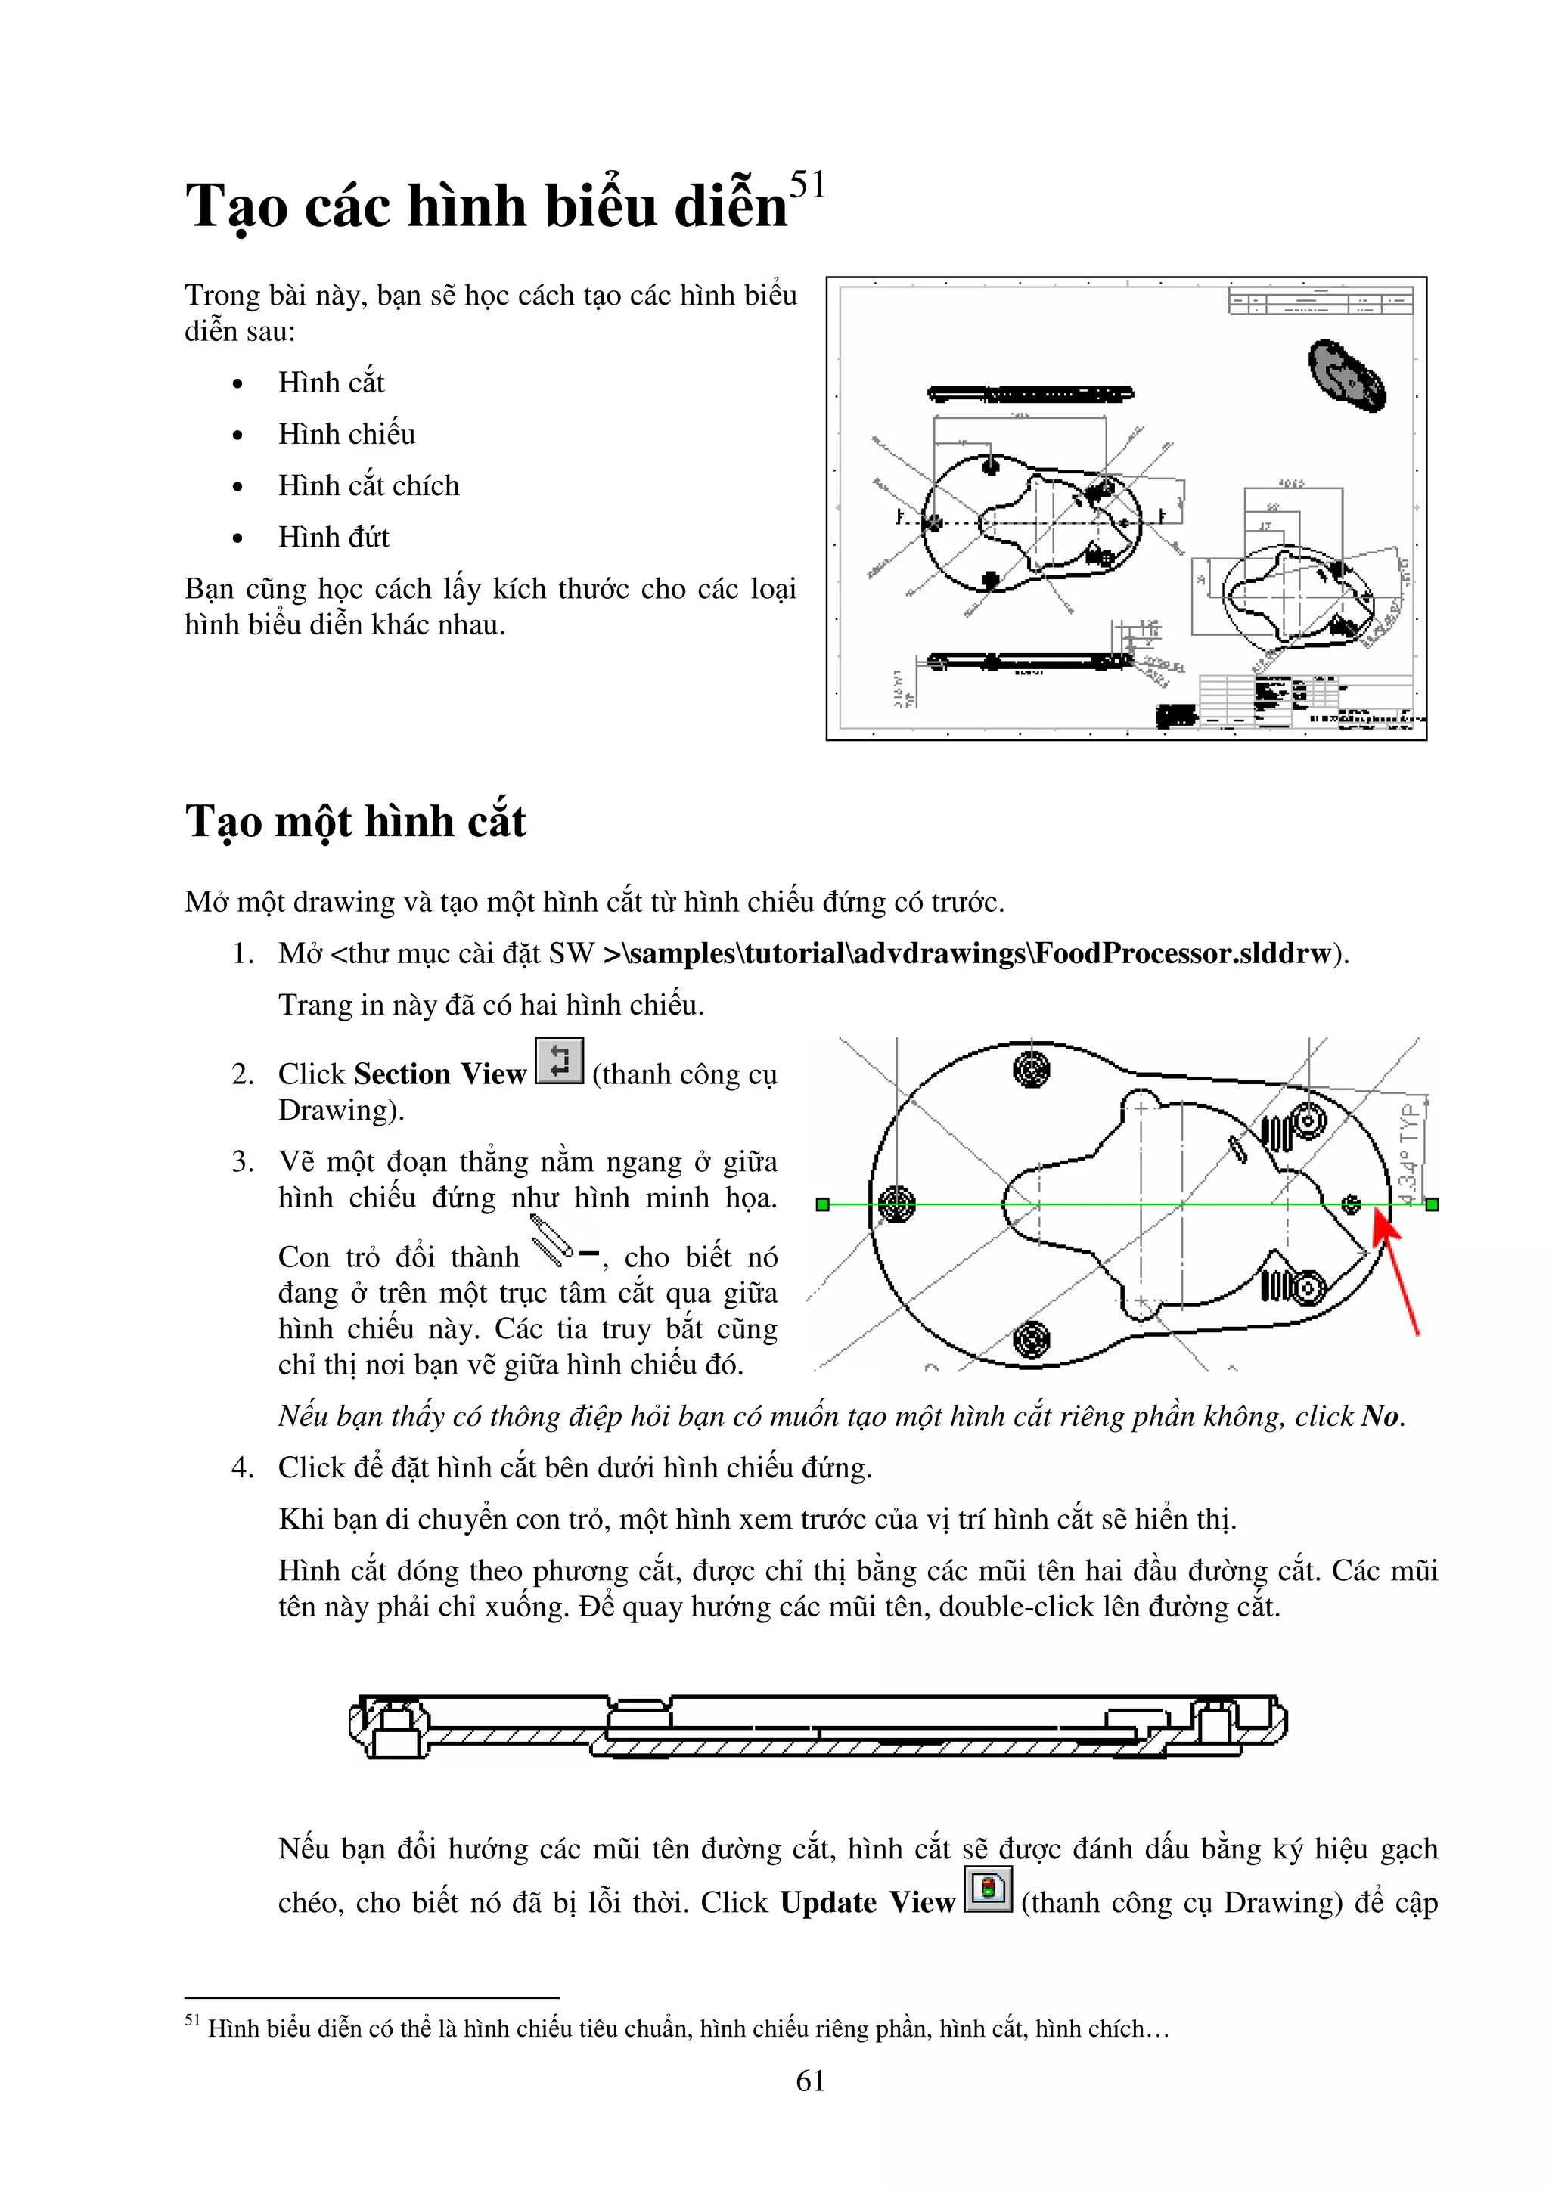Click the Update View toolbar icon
[x=988, y=1889]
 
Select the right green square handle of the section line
[x=1432, y=1205]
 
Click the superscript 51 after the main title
[x=808, y=184]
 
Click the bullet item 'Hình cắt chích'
[x=368, y=485]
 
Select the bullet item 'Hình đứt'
[x=333, y=538]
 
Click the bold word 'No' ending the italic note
[x=1380, y=1416]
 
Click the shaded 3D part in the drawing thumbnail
[x=1346, y=375]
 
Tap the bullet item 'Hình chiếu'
[x=346, y=434]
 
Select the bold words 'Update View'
[x=867, y=1902]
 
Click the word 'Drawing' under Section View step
[x=336, y=1110]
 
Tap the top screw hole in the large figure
[x=1031, y=1069]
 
